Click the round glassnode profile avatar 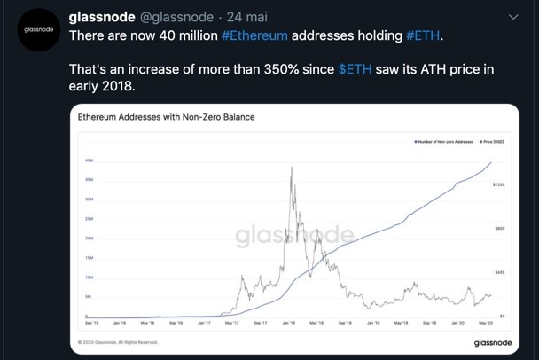pyautogui.click(x=37, y=30)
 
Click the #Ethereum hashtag pyautogui.click(x=254, y=35)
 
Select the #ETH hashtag pyautogui.click(x=423, y=35)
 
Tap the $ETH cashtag pyautogui.click(x=355, y=69)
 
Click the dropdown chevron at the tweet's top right pyautogui.click(x=513, y=17)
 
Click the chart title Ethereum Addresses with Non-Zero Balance pyautogui.click(x=166, y=116)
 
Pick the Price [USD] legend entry pyautogui.click(x=492, y=141)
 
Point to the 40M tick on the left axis pyautogui.click(x=90, y=160)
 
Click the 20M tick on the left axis pyautogui.click(x=90, y=239)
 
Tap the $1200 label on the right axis pyautogui.click(x=498, y=184)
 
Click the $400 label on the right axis pyautogui.click(x=500, y=272)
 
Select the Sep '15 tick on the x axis pyautogui.click(x=91, y=323)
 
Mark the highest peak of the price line pyautogui.click(x=292, y=168)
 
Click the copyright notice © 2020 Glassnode pyautogui.click(x=118, y=342)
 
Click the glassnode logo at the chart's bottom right pyautogui.click(x=491, y=342)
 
